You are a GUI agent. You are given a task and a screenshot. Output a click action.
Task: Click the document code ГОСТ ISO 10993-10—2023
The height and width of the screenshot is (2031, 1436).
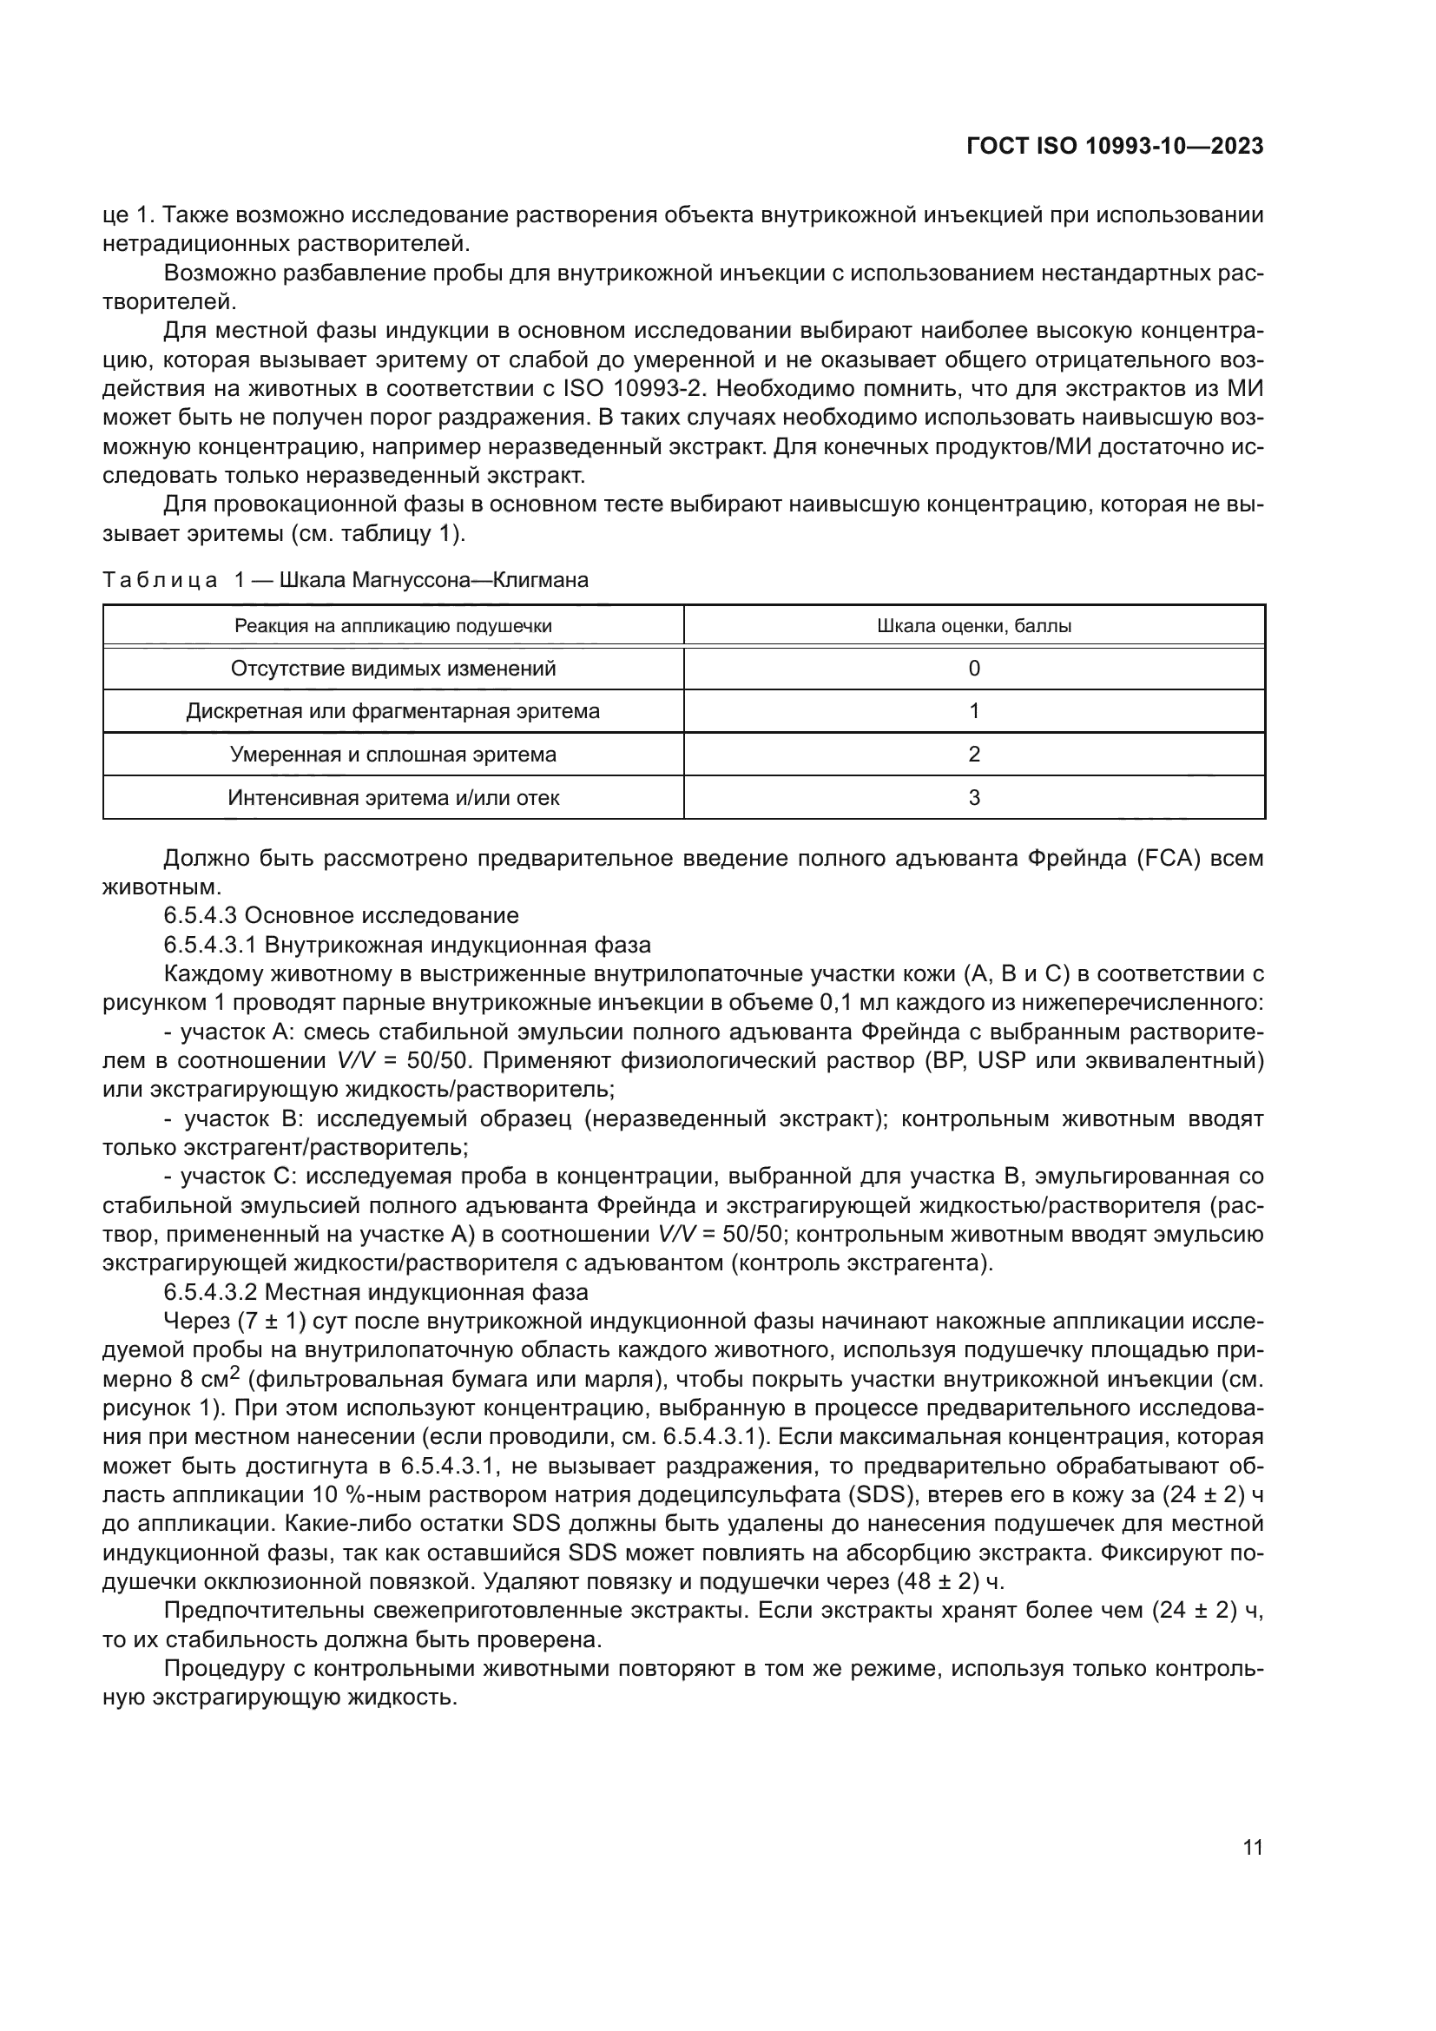1115,146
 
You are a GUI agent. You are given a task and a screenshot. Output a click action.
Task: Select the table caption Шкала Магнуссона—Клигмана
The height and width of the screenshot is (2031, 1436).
433,580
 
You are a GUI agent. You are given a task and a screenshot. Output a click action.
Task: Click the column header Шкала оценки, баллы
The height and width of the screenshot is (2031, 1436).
973,626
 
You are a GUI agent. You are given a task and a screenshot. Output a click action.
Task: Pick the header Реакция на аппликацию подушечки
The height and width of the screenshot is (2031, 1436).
392,626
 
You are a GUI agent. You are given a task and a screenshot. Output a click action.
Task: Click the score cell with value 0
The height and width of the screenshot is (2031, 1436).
973,669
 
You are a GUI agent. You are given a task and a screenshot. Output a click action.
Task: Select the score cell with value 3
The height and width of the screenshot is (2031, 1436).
973,798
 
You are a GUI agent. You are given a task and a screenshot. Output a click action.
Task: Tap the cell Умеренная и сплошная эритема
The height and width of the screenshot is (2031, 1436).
392,755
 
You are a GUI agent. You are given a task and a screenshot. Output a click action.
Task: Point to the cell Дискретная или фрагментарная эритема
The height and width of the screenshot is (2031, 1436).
392,711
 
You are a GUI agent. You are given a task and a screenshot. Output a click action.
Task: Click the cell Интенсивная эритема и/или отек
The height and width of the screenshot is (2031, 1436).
392,798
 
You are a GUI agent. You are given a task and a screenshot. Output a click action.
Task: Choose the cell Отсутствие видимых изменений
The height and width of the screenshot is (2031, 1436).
392,669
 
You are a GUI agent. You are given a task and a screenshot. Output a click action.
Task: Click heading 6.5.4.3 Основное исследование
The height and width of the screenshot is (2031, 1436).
341,914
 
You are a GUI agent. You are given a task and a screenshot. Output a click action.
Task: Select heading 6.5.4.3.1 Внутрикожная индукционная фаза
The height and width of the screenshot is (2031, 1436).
406,945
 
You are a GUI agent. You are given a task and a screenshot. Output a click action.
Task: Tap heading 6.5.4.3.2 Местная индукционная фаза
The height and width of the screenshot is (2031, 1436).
376,1292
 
